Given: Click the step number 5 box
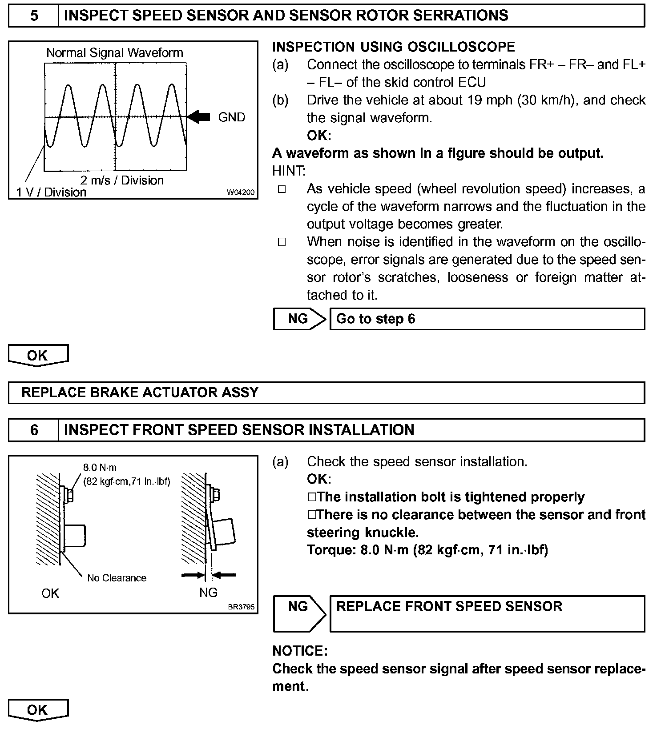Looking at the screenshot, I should click(x=34, y=16).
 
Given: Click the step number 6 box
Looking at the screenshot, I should click(x=34, y=430).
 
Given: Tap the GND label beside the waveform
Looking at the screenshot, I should click(x=231, y=117).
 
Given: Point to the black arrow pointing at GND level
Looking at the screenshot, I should click(x=198, y=117).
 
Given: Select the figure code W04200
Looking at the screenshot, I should click(x=241, y=192).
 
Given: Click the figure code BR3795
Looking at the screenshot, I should click(x=241, y=607).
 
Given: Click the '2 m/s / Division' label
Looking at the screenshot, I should click(x=122, y=180).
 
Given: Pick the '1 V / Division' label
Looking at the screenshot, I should click(x=51, y=192).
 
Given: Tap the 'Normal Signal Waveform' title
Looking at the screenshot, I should click(x=115, y=53).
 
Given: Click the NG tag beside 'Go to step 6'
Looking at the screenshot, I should click(x=298, y=319).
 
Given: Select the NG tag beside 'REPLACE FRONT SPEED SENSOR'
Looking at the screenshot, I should click(x=298, y=607).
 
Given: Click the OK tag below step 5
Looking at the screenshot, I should click(x=37, y=356).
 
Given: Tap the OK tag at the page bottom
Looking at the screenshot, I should click(x=37, y=710).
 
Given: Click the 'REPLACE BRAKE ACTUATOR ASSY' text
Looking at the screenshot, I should click(x=140, y=393).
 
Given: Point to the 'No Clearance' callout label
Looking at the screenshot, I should click(x=117, y=578).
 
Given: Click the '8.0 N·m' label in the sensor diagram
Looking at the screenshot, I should click(x=100, y=468).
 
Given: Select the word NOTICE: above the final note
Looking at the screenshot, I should click(x=300, y=651).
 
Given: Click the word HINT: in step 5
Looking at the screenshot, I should click(x=289, y=171).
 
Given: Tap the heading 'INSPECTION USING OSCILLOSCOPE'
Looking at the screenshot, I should click(x=393, y=47).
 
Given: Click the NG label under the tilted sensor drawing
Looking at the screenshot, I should click(x=208, y=593).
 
